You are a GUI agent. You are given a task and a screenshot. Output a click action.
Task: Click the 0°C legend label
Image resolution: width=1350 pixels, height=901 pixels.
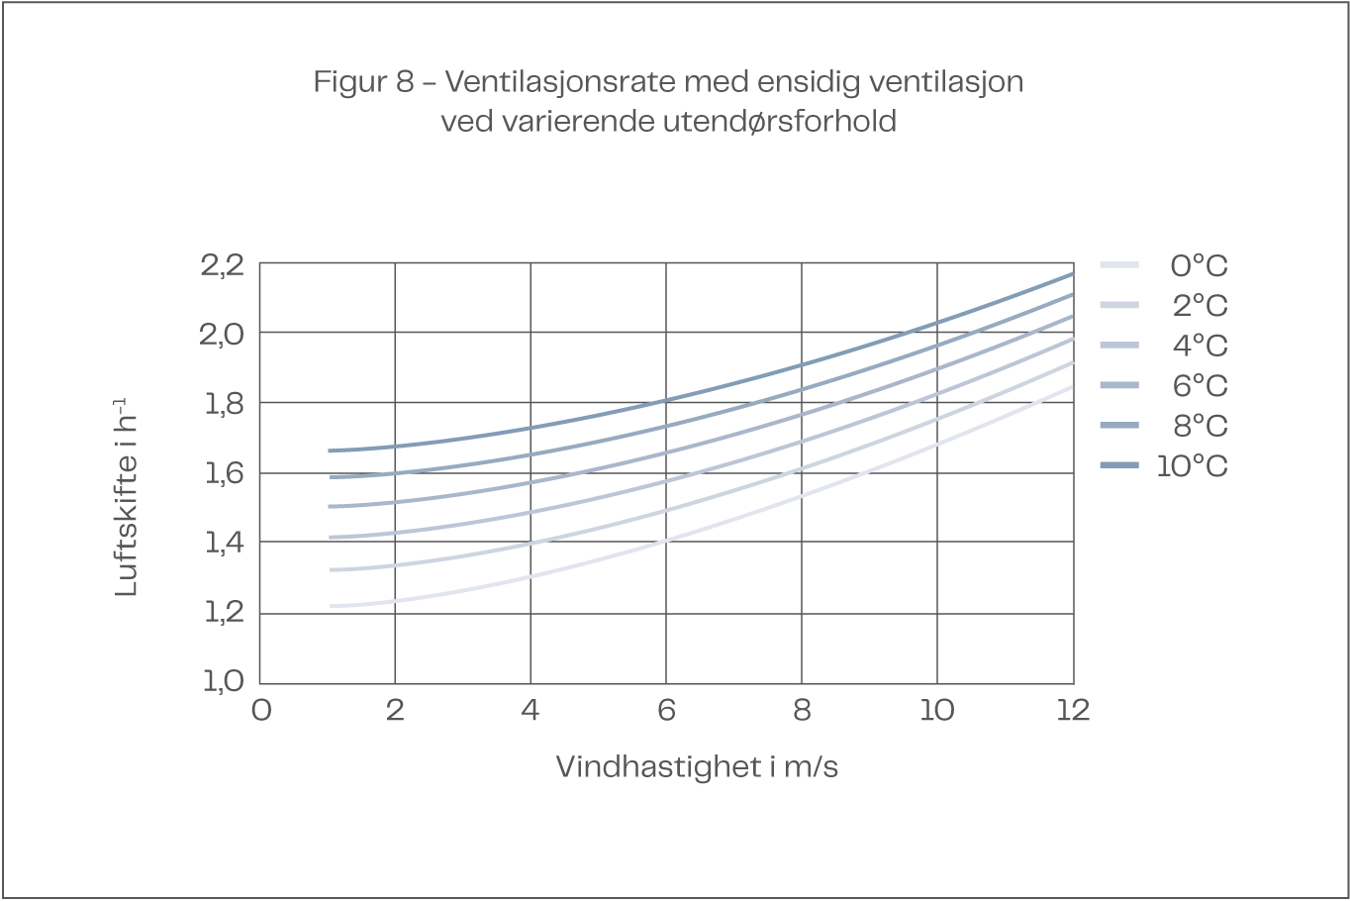point(1199,266)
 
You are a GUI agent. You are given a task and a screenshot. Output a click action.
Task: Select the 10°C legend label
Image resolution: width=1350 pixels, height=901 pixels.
point(1192,466)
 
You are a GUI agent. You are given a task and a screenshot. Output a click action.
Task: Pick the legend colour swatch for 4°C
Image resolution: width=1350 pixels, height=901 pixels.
point(1120,346)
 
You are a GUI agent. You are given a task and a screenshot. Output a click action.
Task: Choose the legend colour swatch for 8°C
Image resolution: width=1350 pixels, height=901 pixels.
point(1120,426)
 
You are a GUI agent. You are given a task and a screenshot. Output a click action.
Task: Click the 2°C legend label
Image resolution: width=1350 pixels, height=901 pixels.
point(1200,306)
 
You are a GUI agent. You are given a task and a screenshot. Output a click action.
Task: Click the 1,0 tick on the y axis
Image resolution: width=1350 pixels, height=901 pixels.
point(224,681)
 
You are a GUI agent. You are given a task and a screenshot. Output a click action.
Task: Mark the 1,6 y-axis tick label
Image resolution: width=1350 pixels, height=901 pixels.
point(224,473)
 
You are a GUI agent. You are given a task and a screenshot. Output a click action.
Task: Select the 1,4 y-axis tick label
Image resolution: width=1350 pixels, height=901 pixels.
point(224,543)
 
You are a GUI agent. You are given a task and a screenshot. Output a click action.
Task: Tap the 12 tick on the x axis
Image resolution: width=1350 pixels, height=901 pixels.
point(1072,710)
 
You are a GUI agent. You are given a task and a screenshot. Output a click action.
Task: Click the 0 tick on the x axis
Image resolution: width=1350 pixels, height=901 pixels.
point(260,710)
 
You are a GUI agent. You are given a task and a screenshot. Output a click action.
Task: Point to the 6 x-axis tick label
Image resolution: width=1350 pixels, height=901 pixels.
point(666,710)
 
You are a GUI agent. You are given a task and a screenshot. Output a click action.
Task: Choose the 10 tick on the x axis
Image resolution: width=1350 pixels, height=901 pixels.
point(936,710)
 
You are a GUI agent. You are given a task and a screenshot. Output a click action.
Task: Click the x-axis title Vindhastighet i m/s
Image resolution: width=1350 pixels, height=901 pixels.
point(697,767)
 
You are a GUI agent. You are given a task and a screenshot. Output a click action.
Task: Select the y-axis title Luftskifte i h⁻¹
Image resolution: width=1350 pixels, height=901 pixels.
point(127,497)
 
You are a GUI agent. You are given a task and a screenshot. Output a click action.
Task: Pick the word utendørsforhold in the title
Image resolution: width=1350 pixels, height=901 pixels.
point(779,122)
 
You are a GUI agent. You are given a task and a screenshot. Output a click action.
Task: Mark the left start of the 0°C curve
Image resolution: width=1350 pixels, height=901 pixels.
point(332,605)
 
